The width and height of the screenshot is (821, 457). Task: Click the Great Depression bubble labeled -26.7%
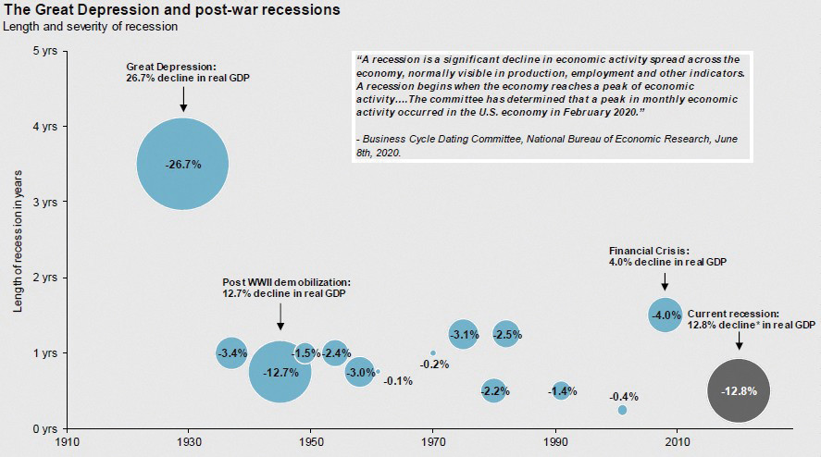click(182, 164)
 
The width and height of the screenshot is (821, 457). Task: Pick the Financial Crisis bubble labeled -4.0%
click(666, 315)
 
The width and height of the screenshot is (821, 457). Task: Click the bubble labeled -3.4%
click(231, 352)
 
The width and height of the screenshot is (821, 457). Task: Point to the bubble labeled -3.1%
click(463, 334)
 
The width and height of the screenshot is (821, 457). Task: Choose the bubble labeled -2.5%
click(506, 334)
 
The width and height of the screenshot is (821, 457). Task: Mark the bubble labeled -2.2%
click(493, 390)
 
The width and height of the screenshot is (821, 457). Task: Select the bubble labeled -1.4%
click(560, 391)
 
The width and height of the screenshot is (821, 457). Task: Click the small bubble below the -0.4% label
click(622, 410)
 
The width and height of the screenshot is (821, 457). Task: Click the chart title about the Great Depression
click(158, 10)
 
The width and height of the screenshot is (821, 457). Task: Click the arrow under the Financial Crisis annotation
click(665, 281)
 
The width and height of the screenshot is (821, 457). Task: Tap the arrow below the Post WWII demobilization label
click(280, 317)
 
